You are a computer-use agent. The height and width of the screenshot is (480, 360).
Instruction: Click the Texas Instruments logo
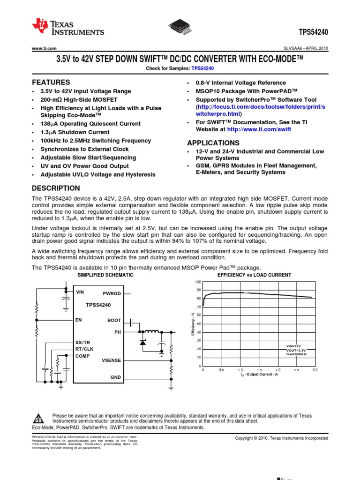click(68, 28)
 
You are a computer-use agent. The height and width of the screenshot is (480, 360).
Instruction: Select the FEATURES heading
click(51, 82)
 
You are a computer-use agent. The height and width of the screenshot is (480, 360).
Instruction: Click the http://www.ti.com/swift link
click(265, 129)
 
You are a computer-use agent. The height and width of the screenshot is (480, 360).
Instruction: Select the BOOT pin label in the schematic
click(114, 321)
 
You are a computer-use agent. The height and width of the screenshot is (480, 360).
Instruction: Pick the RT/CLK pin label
click(85, 349)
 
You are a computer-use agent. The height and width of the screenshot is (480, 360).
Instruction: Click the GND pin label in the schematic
click(115, 377)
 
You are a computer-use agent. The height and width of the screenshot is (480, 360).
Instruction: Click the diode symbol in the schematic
click(143, 343)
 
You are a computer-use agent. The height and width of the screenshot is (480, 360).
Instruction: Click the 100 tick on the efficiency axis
click(198, 282)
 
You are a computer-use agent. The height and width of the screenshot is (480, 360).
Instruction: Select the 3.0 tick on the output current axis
click(315, 370)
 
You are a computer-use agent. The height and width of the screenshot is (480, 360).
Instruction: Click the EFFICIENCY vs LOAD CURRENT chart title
click(255, 275)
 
